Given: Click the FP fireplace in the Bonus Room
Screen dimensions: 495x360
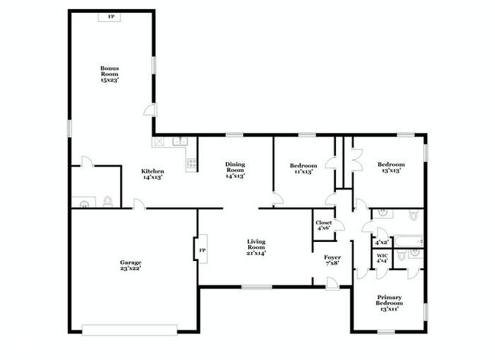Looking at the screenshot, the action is point(109,18).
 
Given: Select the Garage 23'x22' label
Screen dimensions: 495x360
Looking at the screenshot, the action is point(130,266).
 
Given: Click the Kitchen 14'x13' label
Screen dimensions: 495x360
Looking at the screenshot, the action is point(152,174).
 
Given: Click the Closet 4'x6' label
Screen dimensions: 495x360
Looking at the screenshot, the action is point(324,225).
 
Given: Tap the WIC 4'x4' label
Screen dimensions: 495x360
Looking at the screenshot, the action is point(382,259).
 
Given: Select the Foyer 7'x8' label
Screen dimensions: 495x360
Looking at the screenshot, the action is point(332,260).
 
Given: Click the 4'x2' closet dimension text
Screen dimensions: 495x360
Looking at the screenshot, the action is point(382,243).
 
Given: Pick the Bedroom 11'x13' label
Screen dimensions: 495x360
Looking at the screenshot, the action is point(303,168).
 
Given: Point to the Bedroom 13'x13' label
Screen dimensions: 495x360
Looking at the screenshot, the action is point(391,167).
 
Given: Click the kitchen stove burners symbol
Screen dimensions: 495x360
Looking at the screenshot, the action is point(192,163).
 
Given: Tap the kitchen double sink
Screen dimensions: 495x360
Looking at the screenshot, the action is point(180,141).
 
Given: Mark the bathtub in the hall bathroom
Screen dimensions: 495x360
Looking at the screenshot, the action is point(408,241).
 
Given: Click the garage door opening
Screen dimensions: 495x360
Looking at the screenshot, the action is point(129,330).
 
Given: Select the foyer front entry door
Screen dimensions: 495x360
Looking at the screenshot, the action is point(332,283).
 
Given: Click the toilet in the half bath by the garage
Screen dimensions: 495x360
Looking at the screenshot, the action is point(107,201).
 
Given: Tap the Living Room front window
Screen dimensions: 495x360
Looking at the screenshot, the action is point(257,287).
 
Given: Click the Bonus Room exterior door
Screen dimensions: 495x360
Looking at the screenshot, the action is point(151,110).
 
